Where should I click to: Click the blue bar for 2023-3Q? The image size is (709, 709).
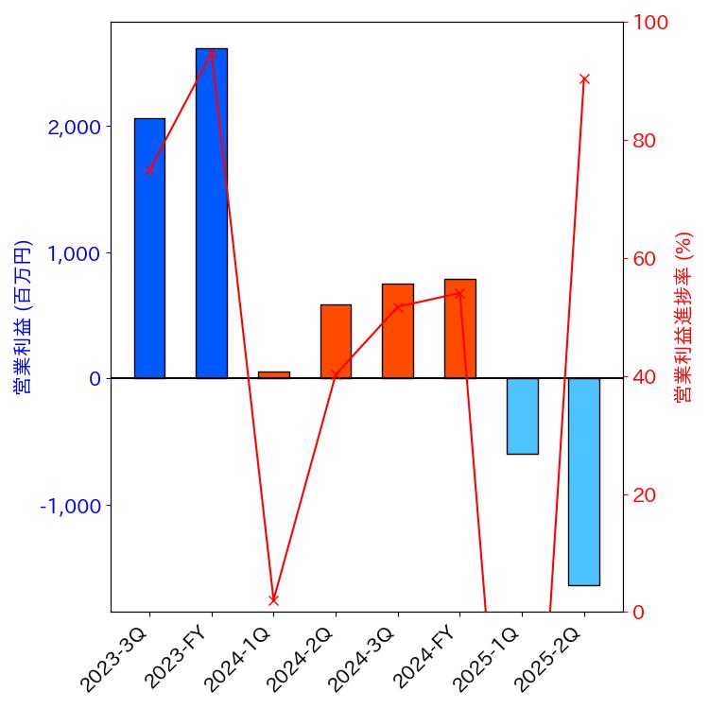click(149, 248)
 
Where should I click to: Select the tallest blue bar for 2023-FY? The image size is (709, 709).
click(212, 213)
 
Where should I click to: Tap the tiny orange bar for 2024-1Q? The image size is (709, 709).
click(273, 374)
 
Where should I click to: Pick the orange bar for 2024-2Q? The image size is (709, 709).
click(336, 341)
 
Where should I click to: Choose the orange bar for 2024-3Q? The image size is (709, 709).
click(398, 331)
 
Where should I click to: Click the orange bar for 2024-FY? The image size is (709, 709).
click(460, 328)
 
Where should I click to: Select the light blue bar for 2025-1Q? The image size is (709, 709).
click(522, 416)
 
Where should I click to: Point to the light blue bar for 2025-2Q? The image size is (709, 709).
click(584, 481)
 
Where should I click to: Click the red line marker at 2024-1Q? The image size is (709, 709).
click(273, 599)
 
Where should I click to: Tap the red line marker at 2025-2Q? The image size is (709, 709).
click(584, 78)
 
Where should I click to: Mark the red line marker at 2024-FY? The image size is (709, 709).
click(460, 293)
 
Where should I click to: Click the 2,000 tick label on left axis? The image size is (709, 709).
click(75, 128)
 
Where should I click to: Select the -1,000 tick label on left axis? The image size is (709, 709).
click(71, 506)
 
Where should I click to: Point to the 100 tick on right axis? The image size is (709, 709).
click(650, 23)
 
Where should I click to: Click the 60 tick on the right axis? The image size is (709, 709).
click(645, 259)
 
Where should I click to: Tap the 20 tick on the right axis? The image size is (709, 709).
click(645, 495)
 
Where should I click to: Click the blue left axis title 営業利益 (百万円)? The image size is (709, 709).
click(23, 317)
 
